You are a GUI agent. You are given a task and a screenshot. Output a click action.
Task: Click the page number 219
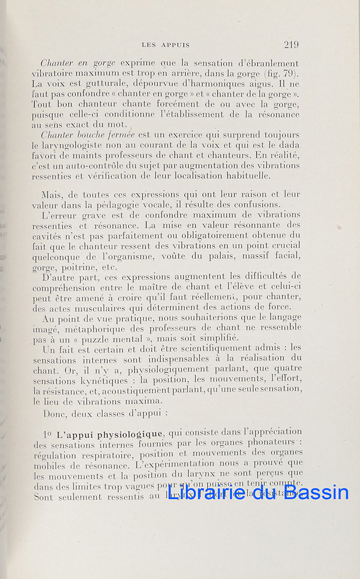coord(291,45)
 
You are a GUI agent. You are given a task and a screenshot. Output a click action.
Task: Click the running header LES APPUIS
coord(166,45)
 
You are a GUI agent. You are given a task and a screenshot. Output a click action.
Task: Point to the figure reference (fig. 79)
coord(284,74)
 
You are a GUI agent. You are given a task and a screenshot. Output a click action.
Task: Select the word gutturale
coord(91,84)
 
